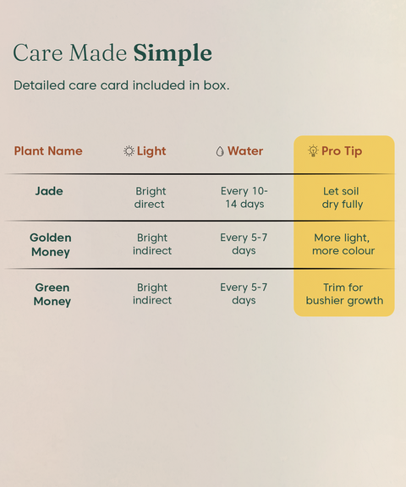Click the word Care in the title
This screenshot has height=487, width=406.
pyautogui.click(x=38, y=52)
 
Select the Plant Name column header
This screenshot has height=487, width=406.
pyautogui.click(x=48, y=151)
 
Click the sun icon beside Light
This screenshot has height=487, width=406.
pyautogui.click(x=129, y=151)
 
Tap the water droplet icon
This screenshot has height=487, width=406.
pyautogui.click(x=220, y=151)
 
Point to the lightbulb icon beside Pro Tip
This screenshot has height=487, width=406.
pyautogui.click(x=313, y=150)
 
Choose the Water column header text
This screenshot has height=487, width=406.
pyautogui.click(x=245, y=151)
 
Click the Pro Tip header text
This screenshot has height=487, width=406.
pyautogui.click(x=342, y=151)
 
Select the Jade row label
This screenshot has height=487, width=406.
pyautogui.click(x=49, y=191)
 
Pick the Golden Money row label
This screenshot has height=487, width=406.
pyautogui.click(x=51, y=244)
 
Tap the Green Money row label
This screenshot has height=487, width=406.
pyautogui.click(x=52, y=294)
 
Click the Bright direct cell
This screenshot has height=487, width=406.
pyautogui.click(x=151, y=198)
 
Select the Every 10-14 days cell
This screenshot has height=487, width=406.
pyautogui.click(x=244, y=198)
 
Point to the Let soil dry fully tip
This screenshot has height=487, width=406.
pyautogui.click(x=342, y=198)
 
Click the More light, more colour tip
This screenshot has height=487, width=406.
pyautogui.click(x=343, y=244)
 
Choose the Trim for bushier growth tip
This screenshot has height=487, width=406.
pyautogui.click(x=344, y=294)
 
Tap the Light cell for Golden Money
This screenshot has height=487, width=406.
pyautogui.click(x=152, y=244)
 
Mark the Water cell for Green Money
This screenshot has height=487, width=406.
pyautogui.click(x=244, y=294)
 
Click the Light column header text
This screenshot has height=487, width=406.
pyautogui.click(x=151, y=151)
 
